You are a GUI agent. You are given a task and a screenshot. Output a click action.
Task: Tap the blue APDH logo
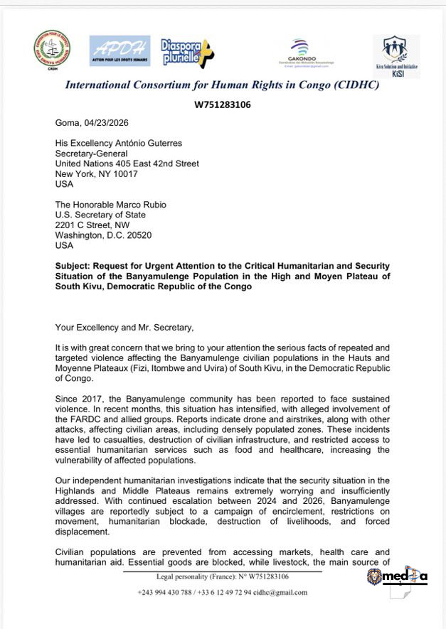point(120,50)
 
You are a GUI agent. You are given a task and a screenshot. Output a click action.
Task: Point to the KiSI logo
point(396,54)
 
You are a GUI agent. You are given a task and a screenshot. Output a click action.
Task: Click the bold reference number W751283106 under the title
point(223,104)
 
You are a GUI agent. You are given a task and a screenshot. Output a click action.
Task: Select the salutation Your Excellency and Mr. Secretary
point(122,327)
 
